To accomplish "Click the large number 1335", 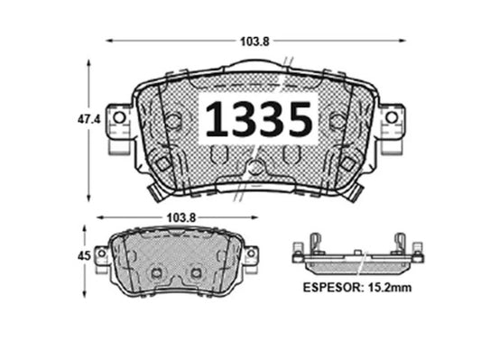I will click(x=260, y=119).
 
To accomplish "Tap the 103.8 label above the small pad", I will click(x=177, y=217).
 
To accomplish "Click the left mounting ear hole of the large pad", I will click(x=118, y=117).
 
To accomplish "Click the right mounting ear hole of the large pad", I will click(x=392, y=117).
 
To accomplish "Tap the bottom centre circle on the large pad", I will click(x=255, y=168).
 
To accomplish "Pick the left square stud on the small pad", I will click(x=156, y=272).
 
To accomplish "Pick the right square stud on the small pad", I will click(x=196, y=272).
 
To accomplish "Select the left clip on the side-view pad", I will click(x=314, y=245).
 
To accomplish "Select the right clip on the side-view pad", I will click(x=398, y=245).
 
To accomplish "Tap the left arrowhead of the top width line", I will click(x=109, y=41).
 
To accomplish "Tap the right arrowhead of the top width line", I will click(x=403, y=41).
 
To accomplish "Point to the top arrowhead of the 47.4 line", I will click(x=88, y=62).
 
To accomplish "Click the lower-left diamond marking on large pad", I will click(x=163, y=162).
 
